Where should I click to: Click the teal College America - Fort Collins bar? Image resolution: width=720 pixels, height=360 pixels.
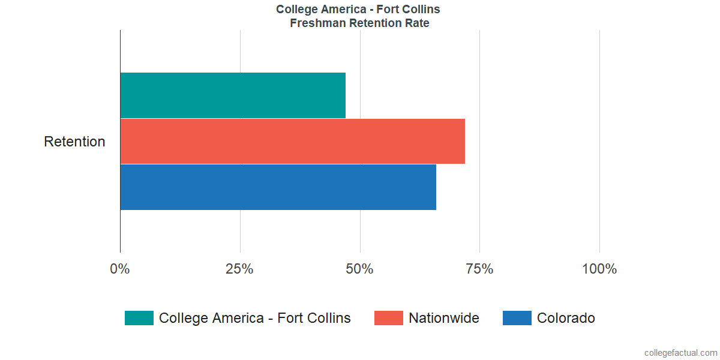tap(233, 95)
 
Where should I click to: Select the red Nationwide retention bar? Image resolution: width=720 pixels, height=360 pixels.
tap(292, 141)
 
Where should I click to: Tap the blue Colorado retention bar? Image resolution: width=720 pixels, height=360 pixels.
tap(278, 187)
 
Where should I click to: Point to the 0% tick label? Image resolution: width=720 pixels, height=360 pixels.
tap(120, 269)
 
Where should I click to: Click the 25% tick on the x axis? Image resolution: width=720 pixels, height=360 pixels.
tap(239, 269)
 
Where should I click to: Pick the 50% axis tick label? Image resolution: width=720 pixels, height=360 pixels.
tap(359, 269)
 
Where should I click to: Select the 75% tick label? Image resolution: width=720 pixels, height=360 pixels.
tap(479, 269)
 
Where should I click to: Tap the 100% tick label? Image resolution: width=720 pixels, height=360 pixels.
tap(599, 269)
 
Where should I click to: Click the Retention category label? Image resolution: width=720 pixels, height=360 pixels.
tap(74, 142)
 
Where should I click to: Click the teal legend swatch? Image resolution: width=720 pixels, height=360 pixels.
tap(139, 318)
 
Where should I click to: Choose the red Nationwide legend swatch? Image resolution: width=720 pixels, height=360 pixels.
tap(389, 318)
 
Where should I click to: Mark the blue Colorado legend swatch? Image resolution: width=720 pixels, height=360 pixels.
tap(517, 318)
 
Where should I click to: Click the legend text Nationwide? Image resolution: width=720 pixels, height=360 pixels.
tap(444, 318)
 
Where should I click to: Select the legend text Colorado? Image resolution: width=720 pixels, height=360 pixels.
tap(566, 318)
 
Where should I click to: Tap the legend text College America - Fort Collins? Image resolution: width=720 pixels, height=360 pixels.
tap(255, 318)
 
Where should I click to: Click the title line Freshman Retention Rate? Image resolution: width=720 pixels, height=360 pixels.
tap(359, 23)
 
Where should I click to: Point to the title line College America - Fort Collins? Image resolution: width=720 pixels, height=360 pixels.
tap(358, 9)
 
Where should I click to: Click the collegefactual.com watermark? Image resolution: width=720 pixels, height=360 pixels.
tap(680, 353)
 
